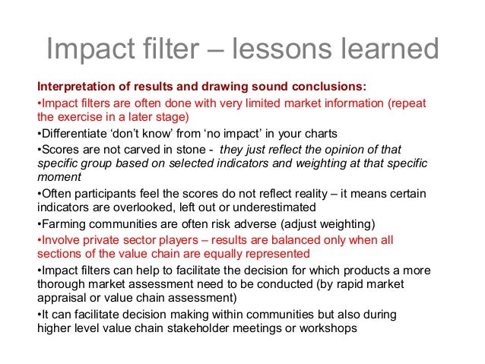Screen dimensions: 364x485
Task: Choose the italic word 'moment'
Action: click(58, 179)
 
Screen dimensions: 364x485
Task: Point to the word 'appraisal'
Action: click(61, 299)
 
